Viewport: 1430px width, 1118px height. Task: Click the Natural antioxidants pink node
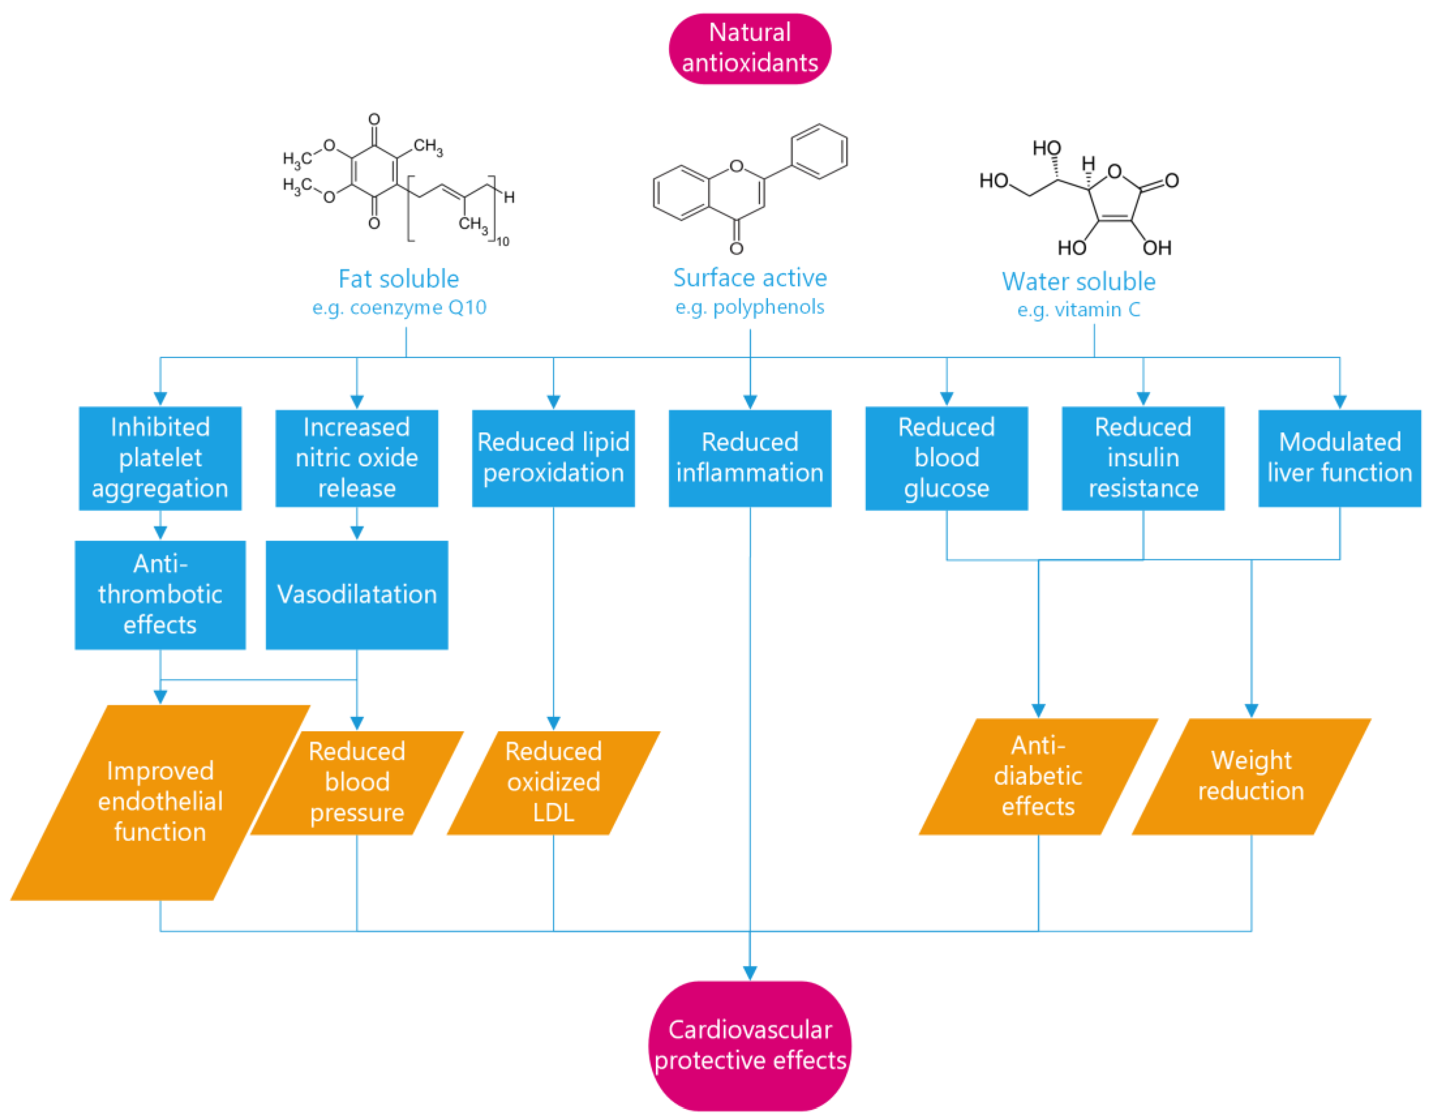pos(750,49)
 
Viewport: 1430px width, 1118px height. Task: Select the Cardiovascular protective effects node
pos(750,1045)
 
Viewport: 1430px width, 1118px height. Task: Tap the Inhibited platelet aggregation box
pos(160,458)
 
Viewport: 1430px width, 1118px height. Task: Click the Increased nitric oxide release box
pos(356,458)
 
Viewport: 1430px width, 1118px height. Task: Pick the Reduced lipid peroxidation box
pos(553,458)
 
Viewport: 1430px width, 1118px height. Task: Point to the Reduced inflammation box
pos(750,458)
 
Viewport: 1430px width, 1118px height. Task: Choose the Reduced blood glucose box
pos(946,458)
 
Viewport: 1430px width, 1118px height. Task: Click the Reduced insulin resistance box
pos(1142,458)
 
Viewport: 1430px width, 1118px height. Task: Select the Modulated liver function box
pos(1339,458)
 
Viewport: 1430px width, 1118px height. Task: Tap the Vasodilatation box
pos(356,594)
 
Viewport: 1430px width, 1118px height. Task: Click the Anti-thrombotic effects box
pos(160,594)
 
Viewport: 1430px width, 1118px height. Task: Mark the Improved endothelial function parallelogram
pos(160,802)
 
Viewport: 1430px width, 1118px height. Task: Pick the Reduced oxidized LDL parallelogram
pos(553,782)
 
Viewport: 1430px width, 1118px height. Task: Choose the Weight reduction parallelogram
pos(1251,776)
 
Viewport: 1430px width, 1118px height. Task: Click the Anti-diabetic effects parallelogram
pos(1038,776)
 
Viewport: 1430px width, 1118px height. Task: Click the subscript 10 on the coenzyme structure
pos(502,242)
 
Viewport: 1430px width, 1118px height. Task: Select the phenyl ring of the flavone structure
pos(819,151)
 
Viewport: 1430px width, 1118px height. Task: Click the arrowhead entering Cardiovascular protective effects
pos(750,972)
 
